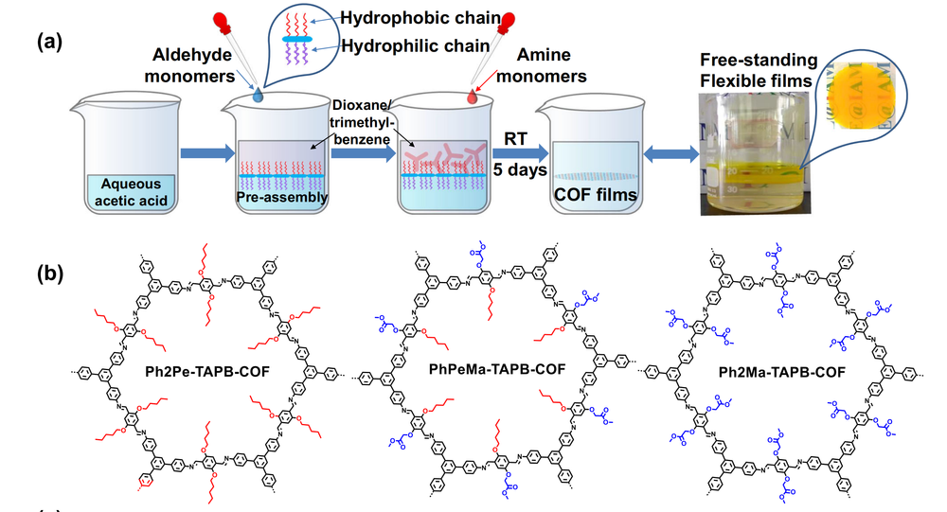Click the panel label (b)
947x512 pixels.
[x=49, y=274]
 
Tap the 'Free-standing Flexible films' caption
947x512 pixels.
[x=757, y=72]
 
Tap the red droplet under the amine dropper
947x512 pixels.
[x=472, y=97]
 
